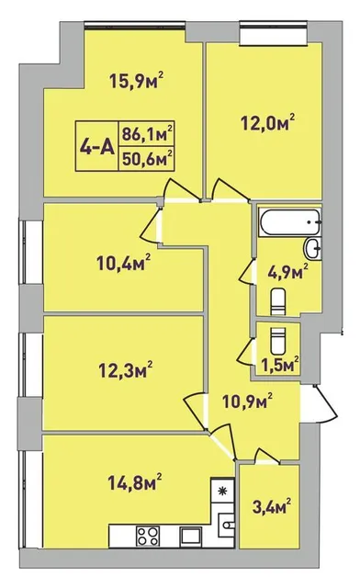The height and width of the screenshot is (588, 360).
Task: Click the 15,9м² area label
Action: tap(137, 80)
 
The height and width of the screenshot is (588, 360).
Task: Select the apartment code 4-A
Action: tap(97, 147)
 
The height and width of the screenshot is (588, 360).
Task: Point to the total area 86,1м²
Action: tap(147, 133)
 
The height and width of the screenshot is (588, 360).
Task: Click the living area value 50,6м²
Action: tap(147, 158)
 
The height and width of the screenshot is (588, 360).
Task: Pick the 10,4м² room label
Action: tap(124, 263)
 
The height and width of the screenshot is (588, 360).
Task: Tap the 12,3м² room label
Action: tap(125, 369)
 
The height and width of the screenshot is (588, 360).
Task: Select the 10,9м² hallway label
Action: tap(247, 401)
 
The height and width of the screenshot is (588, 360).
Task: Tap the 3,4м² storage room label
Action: tap(272, 506)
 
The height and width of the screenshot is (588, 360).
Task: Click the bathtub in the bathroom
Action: tap(289, 221)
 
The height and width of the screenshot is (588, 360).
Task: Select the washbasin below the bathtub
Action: tap(312, 248)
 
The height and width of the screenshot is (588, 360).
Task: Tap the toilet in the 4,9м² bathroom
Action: tap(279, 301)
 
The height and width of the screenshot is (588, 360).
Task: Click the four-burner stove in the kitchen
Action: tap(148, 536)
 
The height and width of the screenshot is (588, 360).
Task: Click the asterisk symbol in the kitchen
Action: tap(223, 491)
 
